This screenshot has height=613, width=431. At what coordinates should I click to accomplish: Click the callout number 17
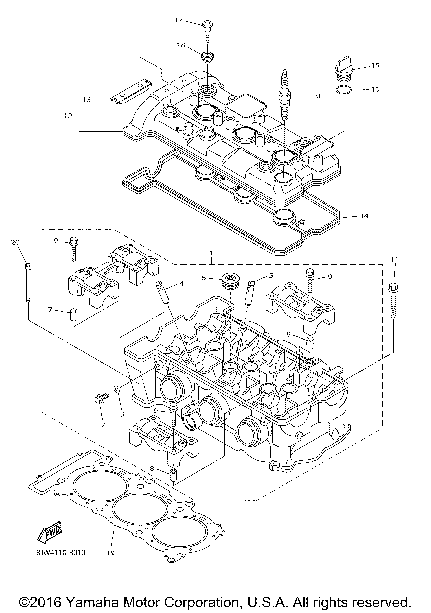tap(178, 20)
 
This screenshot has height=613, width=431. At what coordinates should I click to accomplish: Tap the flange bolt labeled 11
tap(393, 301)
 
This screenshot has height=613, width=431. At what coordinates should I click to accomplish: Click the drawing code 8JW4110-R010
tap(61, 552)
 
